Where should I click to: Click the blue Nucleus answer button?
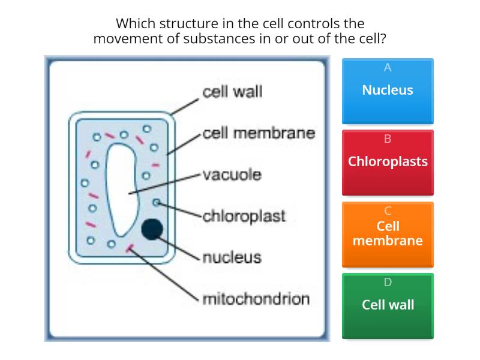[388, 91]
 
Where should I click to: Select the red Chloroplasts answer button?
[388, 162]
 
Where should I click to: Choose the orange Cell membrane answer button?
[388, 234]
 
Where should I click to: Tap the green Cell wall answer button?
[388, 305]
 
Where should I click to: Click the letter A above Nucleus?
[388, 67]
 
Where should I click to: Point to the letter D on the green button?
[388, 282]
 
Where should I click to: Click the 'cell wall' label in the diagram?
[232, 92]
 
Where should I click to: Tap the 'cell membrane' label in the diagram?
[259, 133]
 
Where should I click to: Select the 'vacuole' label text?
[232, 175]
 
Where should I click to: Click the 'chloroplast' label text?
[244, 215]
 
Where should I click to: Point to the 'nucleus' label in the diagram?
[232, 257]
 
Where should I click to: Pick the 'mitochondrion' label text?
[256, 298]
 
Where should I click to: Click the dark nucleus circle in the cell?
[152, 229]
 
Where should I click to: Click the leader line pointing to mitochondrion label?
[165, 273]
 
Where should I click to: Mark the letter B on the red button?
[388, 139]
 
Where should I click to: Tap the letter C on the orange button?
[388, 211]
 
